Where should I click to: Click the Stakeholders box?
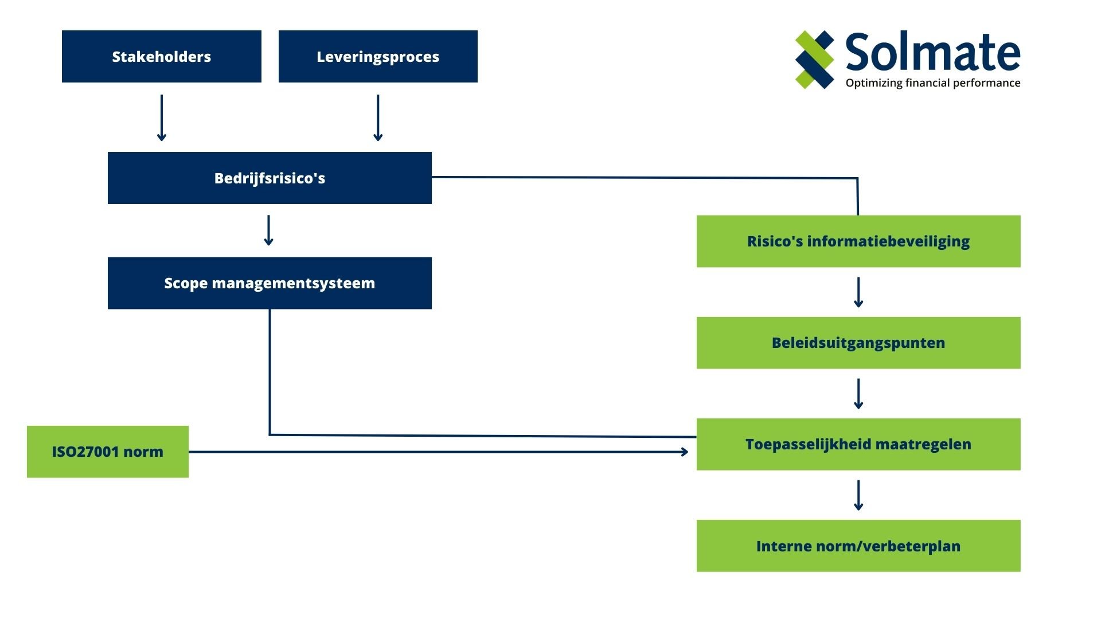pos(161,56)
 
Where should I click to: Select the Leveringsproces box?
pos(377,56)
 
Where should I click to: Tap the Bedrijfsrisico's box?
pos(270,178)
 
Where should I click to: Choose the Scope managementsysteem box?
pos(270,283)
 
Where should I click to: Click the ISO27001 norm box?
pos(107,452)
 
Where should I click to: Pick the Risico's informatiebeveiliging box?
pos(858,241)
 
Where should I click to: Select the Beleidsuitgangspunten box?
pos(858,343)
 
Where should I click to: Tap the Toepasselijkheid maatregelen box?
pos(858,444)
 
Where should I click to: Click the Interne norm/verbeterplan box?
pos(858,546)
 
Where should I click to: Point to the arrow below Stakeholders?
pos(162,118)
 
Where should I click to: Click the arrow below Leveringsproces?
pos(378,118)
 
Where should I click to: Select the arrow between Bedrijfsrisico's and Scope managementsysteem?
pos(268,230)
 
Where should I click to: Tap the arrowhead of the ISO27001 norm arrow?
pos(684,452)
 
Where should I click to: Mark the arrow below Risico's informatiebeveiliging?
pos(858,292)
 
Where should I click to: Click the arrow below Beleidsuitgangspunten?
pos(858,394)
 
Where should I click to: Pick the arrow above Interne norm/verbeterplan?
pos(858,495)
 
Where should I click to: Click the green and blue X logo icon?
pos(814,60)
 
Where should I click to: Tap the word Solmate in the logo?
pos(932,52)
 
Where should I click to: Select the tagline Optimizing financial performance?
pos(932,83)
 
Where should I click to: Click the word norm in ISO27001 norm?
pos(143,452)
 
